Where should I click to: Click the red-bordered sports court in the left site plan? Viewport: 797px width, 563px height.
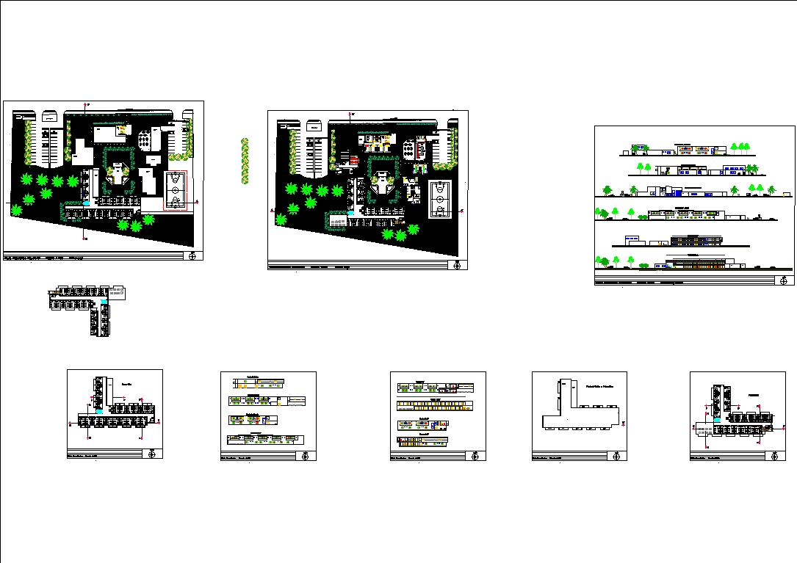[x=175, y=190]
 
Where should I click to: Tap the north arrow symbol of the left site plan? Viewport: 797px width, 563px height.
[x=193, y=255]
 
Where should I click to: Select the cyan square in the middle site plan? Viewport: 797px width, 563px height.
[x=351, y=213]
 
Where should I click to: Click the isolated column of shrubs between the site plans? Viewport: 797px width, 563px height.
[x=245, y=161]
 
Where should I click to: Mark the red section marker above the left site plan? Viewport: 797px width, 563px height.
[x=87, y=105]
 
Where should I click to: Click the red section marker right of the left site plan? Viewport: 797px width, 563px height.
[x=197, y=200]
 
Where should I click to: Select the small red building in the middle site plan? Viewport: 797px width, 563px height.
[x=353, y=159]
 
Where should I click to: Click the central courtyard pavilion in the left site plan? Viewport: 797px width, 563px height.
[x=118, y=177]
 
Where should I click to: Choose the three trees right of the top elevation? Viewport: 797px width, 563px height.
[x=740, y=148]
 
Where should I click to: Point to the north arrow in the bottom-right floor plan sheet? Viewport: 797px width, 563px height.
[x=775, y=456]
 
